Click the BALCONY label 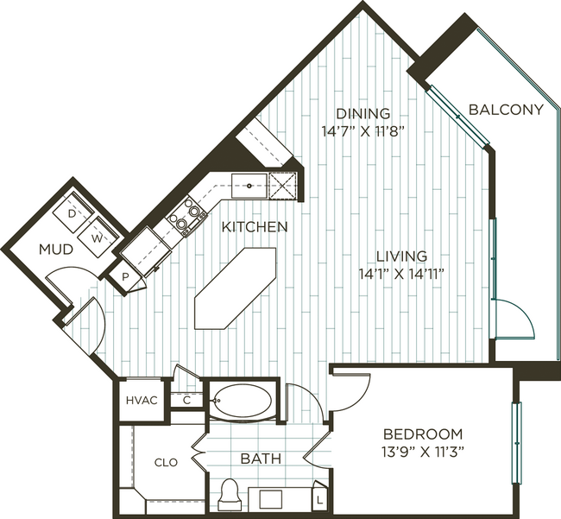pyautogui.click(x=506, y=110)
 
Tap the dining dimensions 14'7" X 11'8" pyautogui.click(x=362, y=132)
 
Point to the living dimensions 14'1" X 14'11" pyautogui.click(x=401, y=275)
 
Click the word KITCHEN pyautogui.click(x=255, y=227)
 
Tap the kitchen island pyautogui.click(x=236, y=288)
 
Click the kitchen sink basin pyautogui.click(x=249, y=186)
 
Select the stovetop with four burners pyautogui.click(x=187, y=217)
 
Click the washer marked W pyautogui.click(x=98, y=237)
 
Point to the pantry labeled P pyautogui.click(x=125, y=277)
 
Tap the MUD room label pyautogui.click(x=56, y=250)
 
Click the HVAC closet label pyautogui.click(x=142, y=400)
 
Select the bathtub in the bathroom pyautogui.click(x=243, y=401)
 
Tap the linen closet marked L pyautogui.click(x=319, y=499)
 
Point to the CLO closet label pyautogui.click(x=166, y=463)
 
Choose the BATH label pyautogui.click(x=261, y=459)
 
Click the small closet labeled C pyautogui.click(x=186, y=401)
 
